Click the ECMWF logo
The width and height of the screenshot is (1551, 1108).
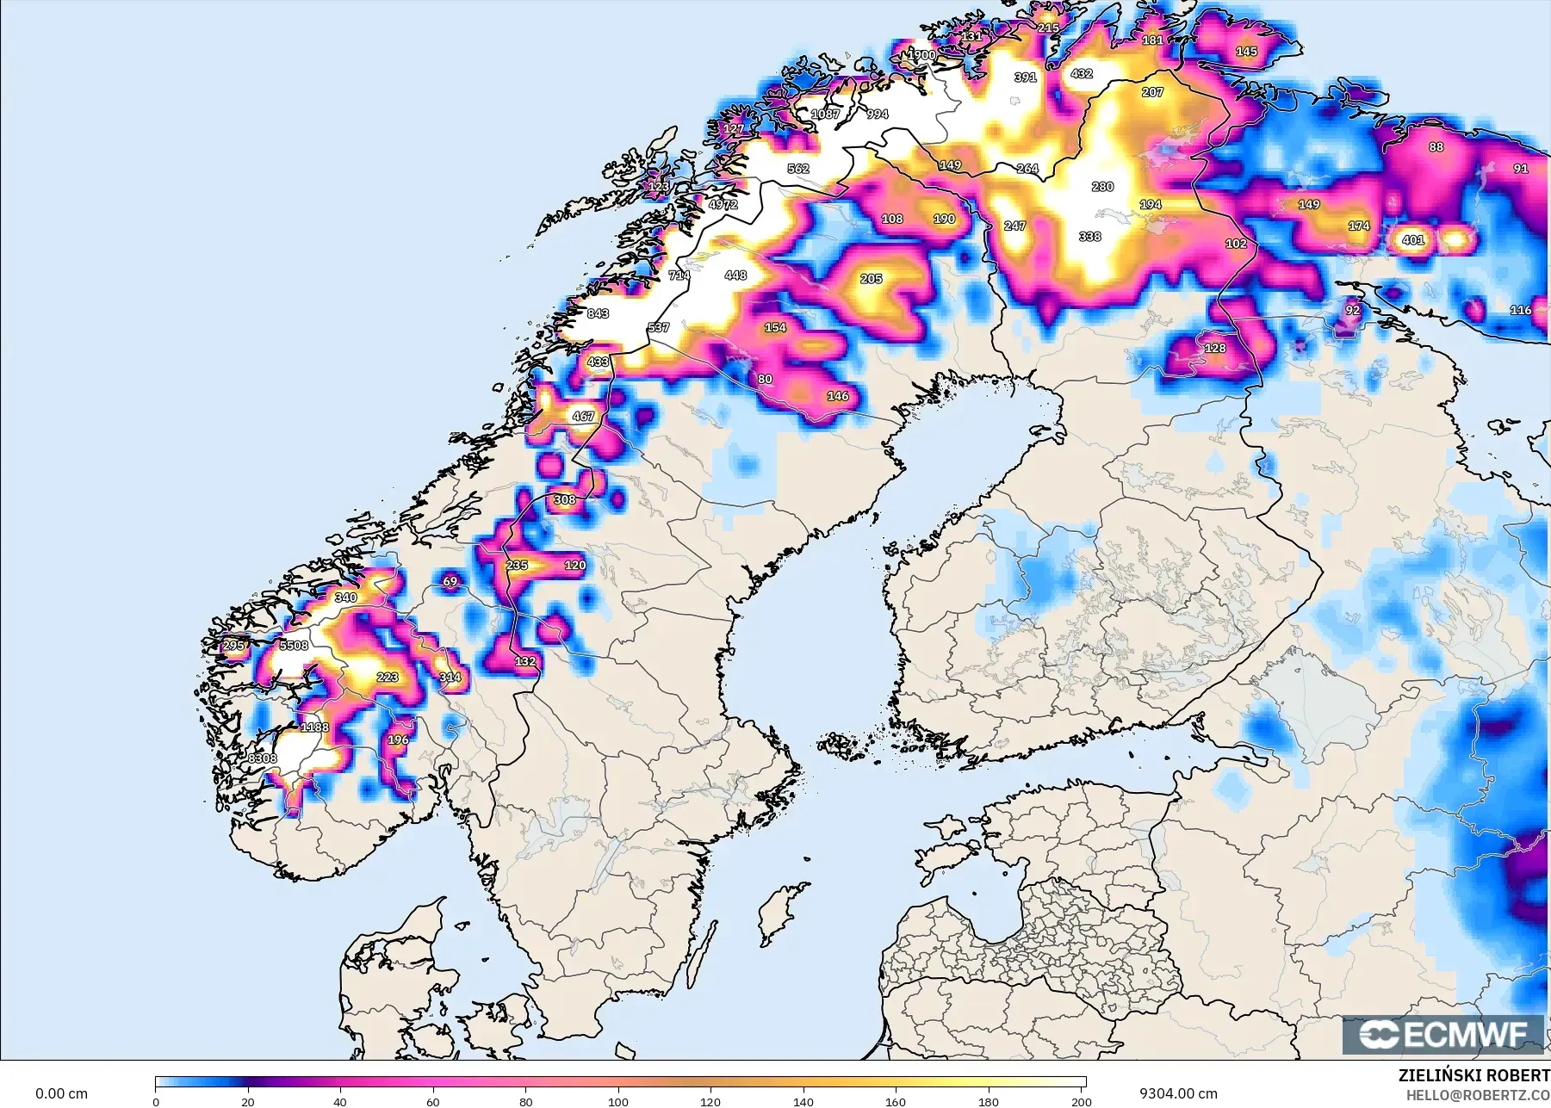1442,1034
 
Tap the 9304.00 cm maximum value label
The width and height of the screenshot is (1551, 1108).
1177,1093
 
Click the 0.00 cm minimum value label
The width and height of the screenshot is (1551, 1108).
61,1093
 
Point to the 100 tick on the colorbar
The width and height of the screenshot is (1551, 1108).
618,1101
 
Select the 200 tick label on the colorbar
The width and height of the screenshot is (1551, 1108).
1081,1101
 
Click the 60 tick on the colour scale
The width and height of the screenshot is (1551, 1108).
433,1101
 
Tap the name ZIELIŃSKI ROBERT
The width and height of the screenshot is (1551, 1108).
1473,1075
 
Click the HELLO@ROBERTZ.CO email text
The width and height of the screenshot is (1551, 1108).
1478,1095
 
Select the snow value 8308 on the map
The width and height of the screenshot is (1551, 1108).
263,758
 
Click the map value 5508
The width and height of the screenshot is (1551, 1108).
294,646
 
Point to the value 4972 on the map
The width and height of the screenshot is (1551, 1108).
723,205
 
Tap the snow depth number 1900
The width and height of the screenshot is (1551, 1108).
922,55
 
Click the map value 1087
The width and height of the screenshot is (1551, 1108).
825,114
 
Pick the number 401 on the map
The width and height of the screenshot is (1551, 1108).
1412,240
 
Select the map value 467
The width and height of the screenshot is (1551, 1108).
583,417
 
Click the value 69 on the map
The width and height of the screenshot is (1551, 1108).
450,582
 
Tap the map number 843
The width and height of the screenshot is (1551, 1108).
598,313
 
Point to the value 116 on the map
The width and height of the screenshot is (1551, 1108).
1520,310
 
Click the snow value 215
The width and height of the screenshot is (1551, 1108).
1048,28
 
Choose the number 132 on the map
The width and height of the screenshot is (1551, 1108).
525,661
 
